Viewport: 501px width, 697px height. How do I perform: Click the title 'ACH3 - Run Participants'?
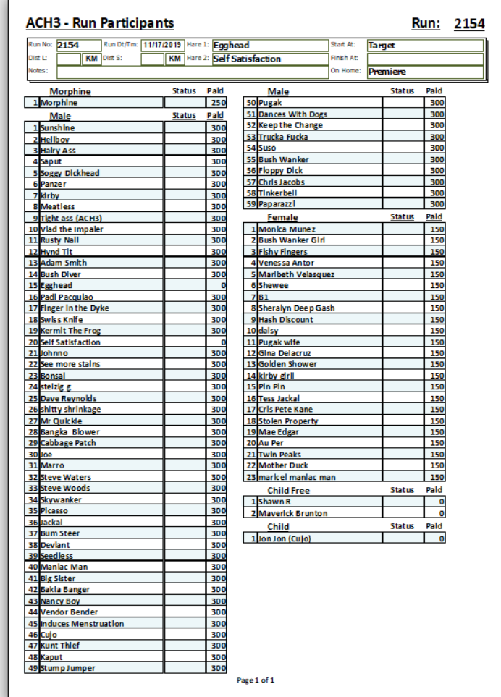click(x=100, y=24)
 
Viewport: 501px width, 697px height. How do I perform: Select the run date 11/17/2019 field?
click(x=163, y=45)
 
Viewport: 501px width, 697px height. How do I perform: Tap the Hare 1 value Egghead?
click(x=231, y=45)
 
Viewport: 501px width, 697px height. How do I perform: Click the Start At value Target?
click(x=382, y=46)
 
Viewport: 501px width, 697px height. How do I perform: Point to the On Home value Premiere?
click(x=387, y=72)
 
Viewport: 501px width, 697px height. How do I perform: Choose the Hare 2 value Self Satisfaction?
click(x=247, y=59)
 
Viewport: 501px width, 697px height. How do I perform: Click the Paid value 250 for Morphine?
click(x=219, y=103)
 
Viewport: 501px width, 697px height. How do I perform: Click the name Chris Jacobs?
click(x=282, y=182)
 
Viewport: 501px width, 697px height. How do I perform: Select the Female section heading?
click(x=282, y=217)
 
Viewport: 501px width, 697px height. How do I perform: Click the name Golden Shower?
click(x=287, y=364)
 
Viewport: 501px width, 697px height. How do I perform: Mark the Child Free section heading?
click(x=288, y=491)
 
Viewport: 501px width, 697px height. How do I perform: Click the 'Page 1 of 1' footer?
click(x=256, y=680)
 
